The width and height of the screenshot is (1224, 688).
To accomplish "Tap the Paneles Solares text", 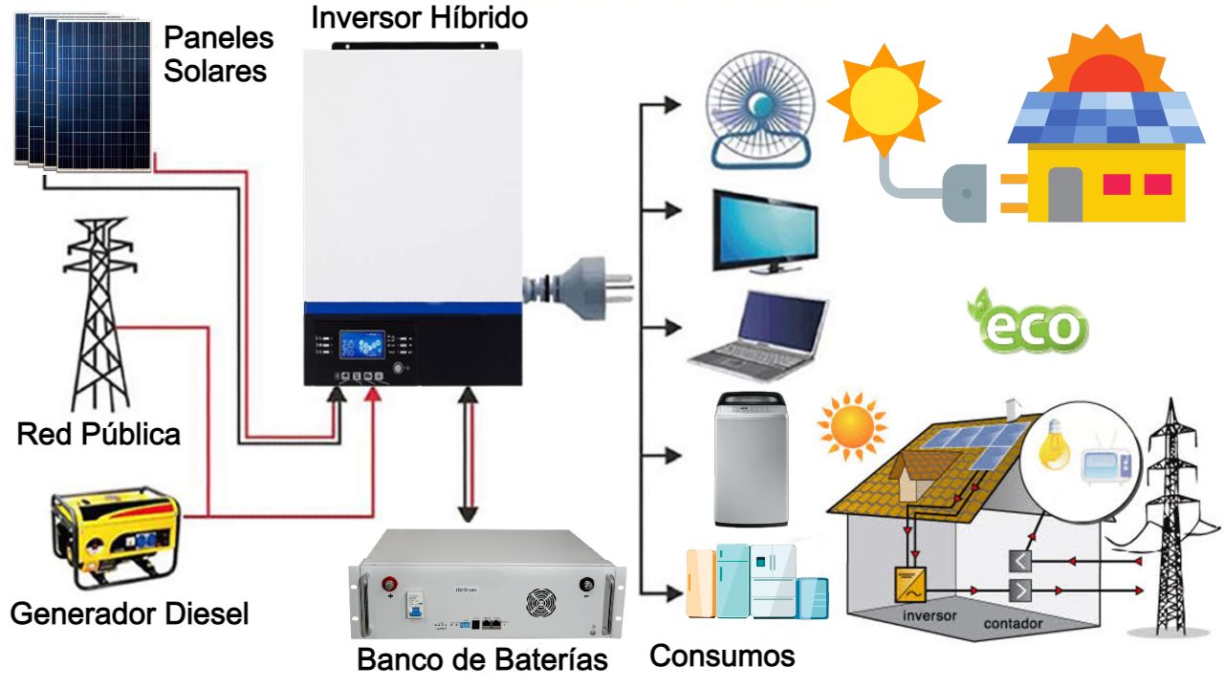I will coord(218,54).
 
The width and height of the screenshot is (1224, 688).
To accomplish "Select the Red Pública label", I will coord(98,434).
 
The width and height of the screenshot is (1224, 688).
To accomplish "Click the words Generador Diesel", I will coord(129,613).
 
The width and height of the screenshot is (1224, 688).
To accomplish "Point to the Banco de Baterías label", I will coord(482,658).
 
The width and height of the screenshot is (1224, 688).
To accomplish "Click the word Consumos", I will coord(722,656).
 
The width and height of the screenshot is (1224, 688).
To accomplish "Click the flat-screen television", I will coord(764,232).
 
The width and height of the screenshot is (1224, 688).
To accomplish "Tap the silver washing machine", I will coord(752,459).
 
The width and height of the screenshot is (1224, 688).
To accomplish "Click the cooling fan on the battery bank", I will coord(540,603).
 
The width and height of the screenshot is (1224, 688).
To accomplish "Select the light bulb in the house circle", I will coord(1057,443).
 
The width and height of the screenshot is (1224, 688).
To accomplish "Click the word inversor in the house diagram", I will coord(929,615).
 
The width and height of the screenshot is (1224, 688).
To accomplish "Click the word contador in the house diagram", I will coord(1014,623).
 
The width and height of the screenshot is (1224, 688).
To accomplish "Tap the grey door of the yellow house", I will coord(1064,195).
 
